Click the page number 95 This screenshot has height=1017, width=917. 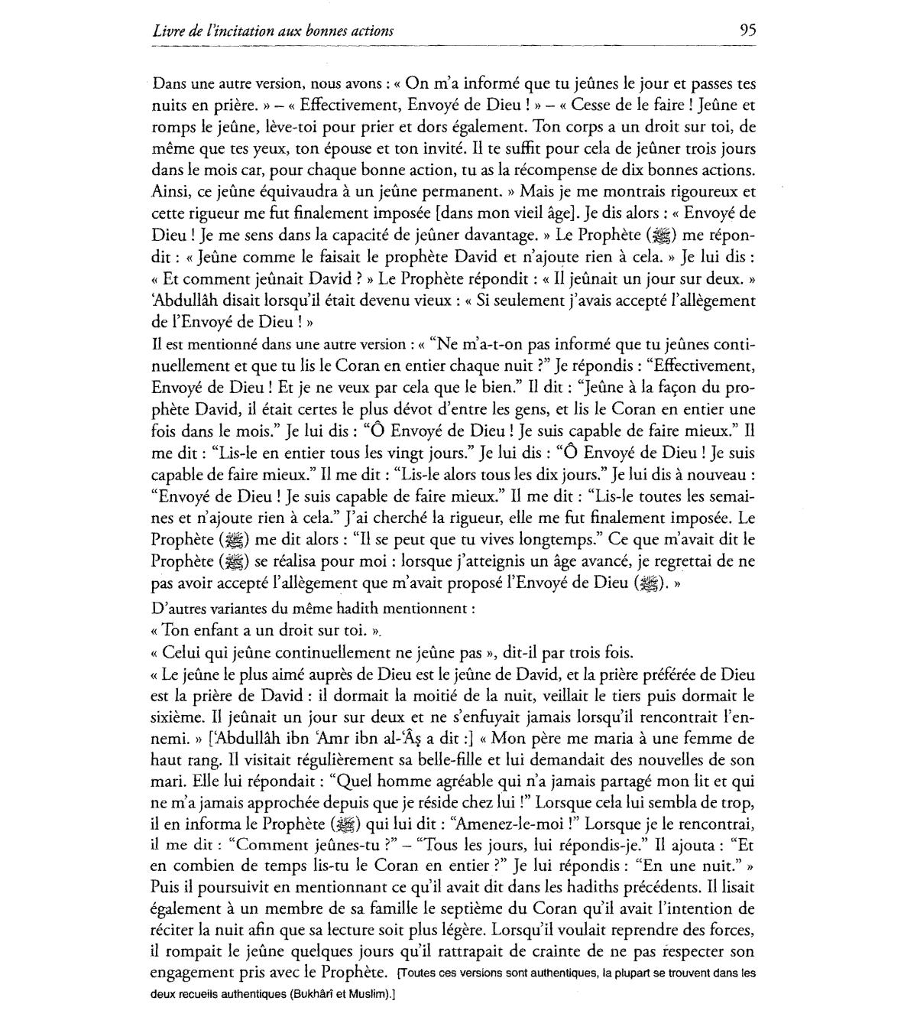coord(747,31)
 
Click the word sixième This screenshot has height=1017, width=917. coord(178,718)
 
